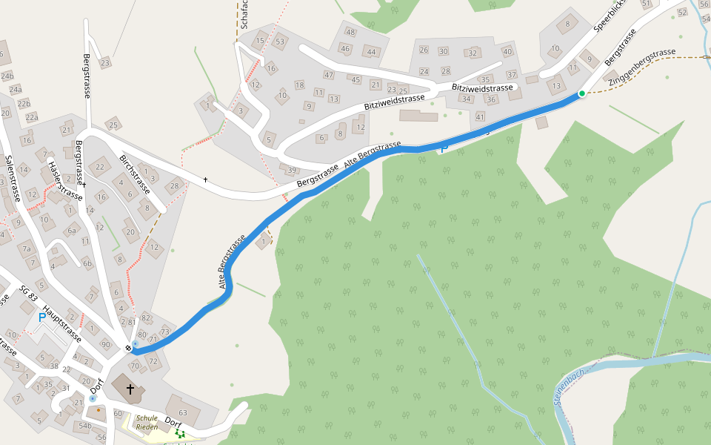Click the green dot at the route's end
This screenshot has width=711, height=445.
[582, 93]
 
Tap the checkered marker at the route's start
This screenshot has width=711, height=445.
[129, 348]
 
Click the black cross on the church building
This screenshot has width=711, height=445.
[130, 389]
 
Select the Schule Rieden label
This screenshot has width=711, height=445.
[147, 423]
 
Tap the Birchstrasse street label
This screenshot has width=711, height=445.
[135, 174]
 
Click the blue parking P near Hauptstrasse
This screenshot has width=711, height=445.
[41, 318]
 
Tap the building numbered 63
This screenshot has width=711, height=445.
[182, 412]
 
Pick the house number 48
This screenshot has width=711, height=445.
[350, 32]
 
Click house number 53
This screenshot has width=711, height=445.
[280, 42]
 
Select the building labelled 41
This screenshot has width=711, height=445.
[480, 116]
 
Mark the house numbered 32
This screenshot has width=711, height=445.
[473, 53]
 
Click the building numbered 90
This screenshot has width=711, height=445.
[106, 344]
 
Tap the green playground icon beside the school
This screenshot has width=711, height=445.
[179, 433]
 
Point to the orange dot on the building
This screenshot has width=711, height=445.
[98, 409]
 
